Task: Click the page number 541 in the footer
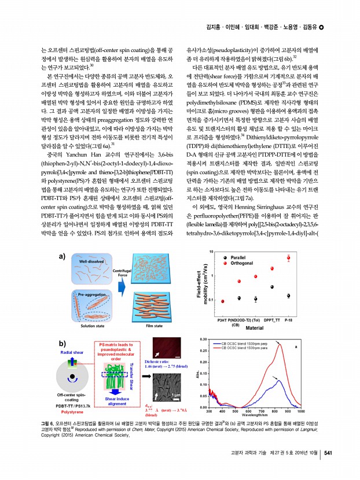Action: click(327, 452)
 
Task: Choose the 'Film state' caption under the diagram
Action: click(153, 326)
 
